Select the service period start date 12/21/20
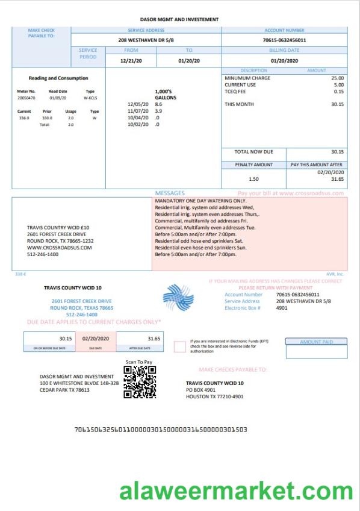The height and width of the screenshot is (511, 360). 129,61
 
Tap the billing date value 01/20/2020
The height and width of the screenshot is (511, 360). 285,61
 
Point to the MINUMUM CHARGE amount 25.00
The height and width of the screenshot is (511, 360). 338,78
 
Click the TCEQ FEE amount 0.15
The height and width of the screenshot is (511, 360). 339,92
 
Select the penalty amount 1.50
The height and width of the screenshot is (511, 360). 253,179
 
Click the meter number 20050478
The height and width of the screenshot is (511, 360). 26,97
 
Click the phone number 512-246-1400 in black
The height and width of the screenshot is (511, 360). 43,254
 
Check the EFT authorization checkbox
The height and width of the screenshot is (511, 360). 179,346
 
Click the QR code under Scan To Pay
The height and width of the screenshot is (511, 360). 140,382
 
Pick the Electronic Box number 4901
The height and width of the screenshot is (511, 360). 282,308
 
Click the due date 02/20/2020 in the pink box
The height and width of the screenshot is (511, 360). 95,339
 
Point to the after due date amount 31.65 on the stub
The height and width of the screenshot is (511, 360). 154,339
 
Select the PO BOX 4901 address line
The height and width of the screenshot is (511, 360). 200,390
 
